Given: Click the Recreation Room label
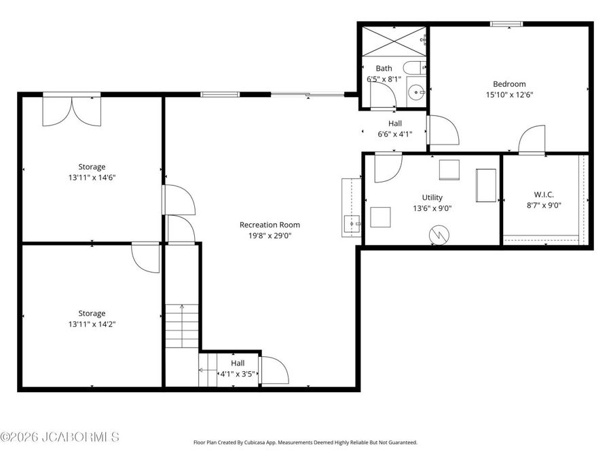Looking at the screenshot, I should click(x=270, y=225).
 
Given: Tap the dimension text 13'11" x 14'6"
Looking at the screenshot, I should click(x=92, y=178).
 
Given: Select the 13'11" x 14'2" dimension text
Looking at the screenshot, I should click(x=92, y=324).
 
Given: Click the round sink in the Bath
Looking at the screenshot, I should click(x=416, y=94).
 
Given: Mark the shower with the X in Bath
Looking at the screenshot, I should click(x=393, y=41).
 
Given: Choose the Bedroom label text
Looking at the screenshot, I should click(x=509, y=84).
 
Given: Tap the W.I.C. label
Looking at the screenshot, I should click(x=544, y=194).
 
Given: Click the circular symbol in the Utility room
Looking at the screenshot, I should click(x=438, y=235).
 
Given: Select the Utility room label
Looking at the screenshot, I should click(x=432, y=197).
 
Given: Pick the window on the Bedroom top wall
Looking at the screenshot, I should click(x=506, y=24).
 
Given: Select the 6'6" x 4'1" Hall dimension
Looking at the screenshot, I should click(x=394, y=134).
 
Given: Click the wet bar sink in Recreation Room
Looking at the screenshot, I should click(x=351, y=221).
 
